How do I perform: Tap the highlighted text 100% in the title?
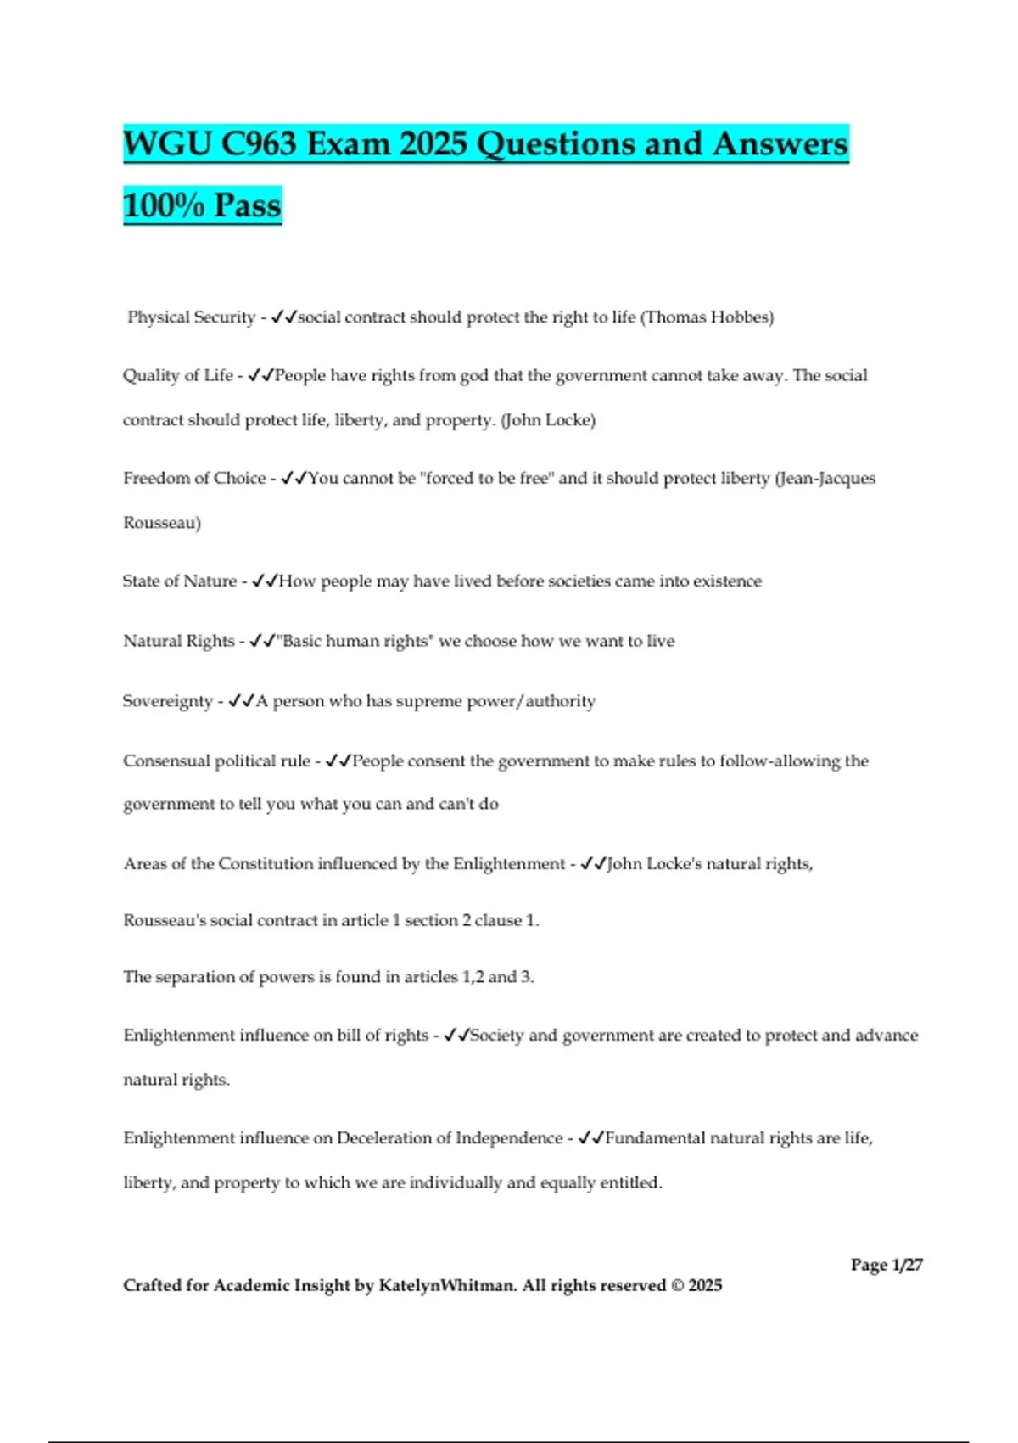pyautogui.click(x=164, y=205)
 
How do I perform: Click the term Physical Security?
pyautogui.click(x=191, y=317)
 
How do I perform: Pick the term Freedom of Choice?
pyautogui.click(x=194, y=479)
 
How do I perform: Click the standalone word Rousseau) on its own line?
pyautogui.click(x=162, y=523)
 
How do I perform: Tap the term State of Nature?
pyautogui.click(x=180, y=581)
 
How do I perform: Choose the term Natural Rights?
pyautogui.click(x=178, y=642)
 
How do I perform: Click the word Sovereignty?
pyautogui.click(x=167, y=701)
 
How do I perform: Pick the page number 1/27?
pyautogui.click(x=906, y=1265)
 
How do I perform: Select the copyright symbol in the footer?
pyautogui.click(x=676, y=1286)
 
